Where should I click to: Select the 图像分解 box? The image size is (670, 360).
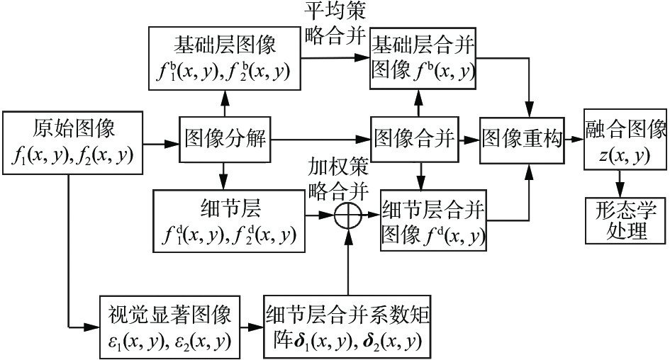[225, 140]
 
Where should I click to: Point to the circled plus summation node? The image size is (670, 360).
[348, 214]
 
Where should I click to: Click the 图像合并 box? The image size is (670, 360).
[416, 140]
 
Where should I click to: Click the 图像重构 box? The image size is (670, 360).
[524, 140]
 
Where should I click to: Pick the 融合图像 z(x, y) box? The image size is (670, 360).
[625, 140]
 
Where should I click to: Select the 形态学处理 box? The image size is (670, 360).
[625, 220]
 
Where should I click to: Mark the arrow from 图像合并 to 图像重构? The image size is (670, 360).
[471, 141]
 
